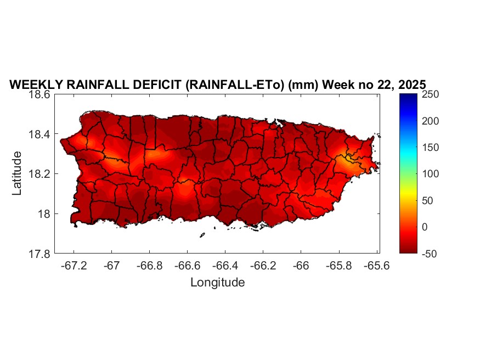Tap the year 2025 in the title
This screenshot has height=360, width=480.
pyautogui.click(x=410, y=85)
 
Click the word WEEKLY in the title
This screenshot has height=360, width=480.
pyautogui.click(x=35, y=85)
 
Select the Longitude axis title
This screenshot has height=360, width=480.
pyautogui.click(x=217, y=283)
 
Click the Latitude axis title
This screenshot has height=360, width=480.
pyautogui.click(x=17, y=173)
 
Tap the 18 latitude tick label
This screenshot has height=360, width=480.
pyautogui.click(x=45, y=214)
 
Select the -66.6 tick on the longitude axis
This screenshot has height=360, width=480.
pyautogui.click(x=187, y=265)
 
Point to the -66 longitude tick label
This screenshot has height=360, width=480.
pyautogui.click(x=301, y=265)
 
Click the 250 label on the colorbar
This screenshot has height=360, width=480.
pyautogui.click(x=431, y=94)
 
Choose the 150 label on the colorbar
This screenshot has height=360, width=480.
pyautogui.click(x=431, y=148)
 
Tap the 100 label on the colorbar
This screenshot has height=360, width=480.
pyautogui.click(x=431, y=174)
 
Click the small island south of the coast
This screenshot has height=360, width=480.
pyautogui.click(x=202, y=235)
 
